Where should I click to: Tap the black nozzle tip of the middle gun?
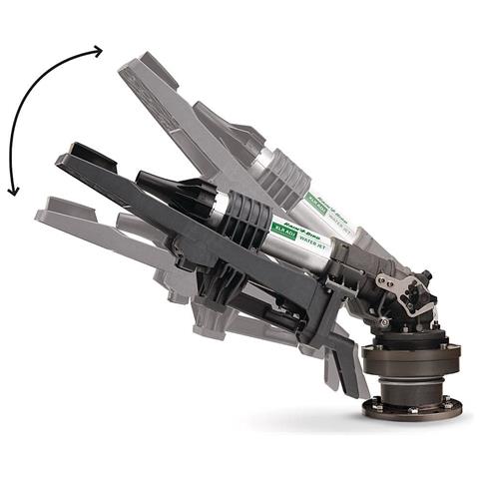[x=149, y=186]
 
